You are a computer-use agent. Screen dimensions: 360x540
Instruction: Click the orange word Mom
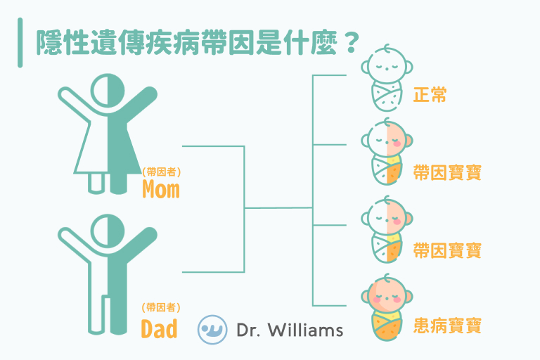[160, 189]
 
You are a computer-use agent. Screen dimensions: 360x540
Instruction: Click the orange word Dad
[159, 328]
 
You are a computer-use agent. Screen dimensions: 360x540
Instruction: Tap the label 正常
[430, 95]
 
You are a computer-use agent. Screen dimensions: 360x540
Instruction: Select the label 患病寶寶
[447, 326]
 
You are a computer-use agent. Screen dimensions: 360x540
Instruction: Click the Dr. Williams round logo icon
[212, 329]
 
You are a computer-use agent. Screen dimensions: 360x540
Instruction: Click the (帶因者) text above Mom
[161, 172]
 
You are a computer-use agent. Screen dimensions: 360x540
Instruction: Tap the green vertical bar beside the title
[20, 43]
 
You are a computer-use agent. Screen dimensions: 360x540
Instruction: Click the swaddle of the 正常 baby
[386, 94]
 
